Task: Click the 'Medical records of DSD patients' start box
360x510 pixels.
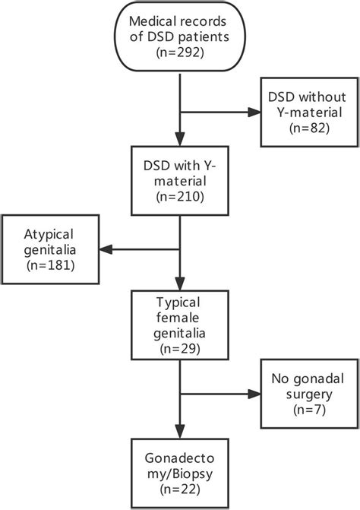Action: click(179, 37)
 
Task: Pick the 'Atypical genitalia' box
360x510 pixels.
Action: click(53, 248)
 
